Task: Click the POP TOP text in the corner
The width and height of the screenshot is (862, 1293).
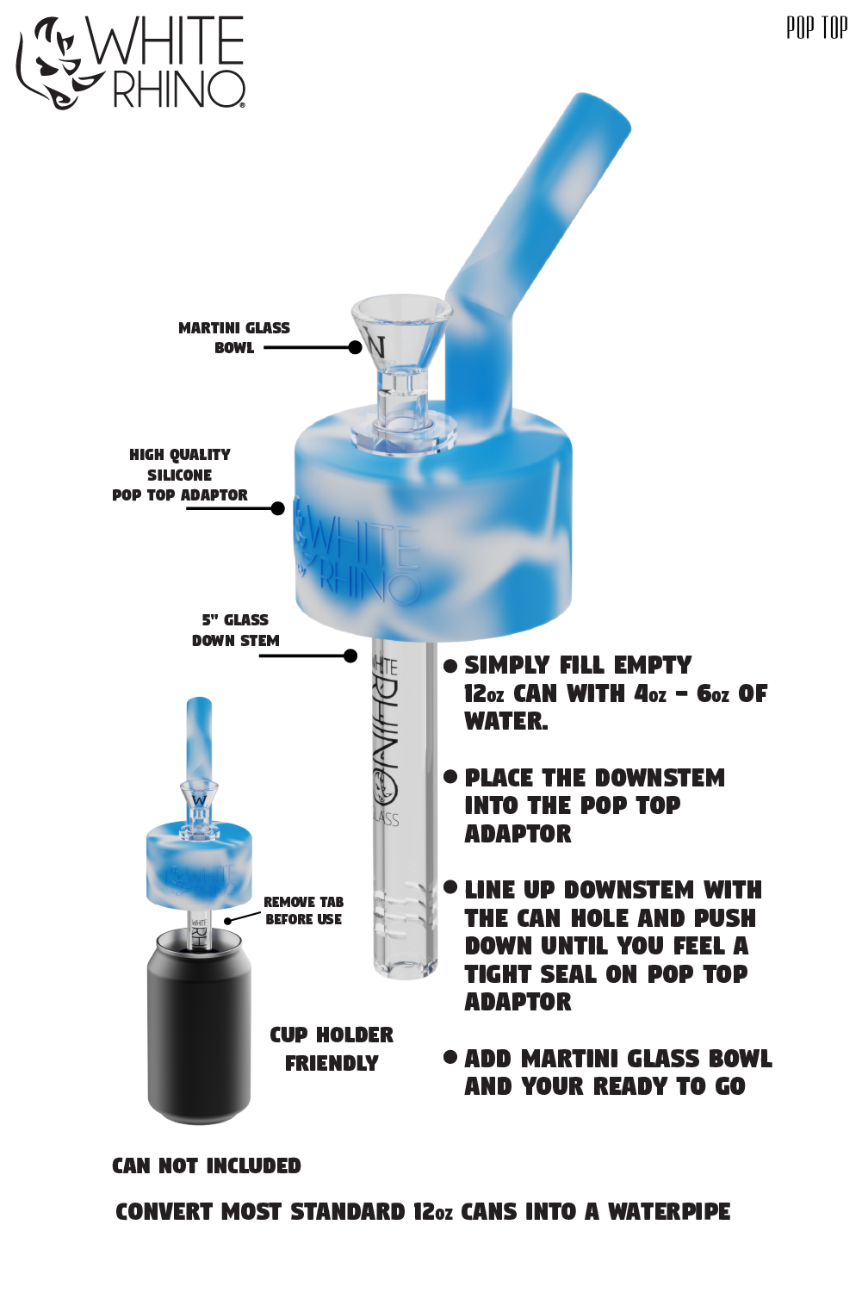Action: (x=816, y=28)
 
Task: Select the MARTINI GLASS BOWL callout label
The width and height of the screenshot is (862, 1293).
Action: (x=234, y=338)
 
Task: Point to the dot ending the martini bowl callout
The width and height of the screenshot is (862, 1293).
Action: (x=356, y=347)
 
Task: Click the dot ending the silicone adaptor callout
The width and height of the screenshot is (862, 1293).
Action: (x=277, y=508)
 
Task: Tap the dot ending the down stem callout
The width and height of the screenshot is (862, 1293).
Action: (x=350, y=656)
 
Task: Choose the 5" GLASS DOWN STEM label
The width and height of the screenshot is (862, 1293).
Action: (x=235, y=630)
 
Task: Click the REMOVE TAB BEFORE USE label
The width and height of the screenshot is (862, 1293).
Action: (x=303, y=911)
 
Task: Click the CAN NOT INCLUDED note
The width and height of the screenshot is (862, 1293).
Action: (x=207, y=1166)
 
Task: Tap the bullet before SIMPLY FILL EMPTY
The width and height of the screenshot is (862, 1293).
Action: (x=450, y=666)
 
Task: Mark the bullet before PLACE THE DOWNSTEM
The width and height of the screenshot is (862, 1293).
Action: (x=450, y=776)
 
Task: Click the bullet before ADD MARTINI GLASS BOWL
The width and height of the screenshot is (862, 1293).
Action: (x=450, y=1058)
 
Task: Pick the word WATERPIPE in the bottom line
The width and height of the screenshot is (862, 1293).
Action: (x=669, y=1212)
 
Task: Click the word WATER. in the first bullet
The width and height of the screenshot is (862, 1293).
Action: (x=506, y=721)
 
